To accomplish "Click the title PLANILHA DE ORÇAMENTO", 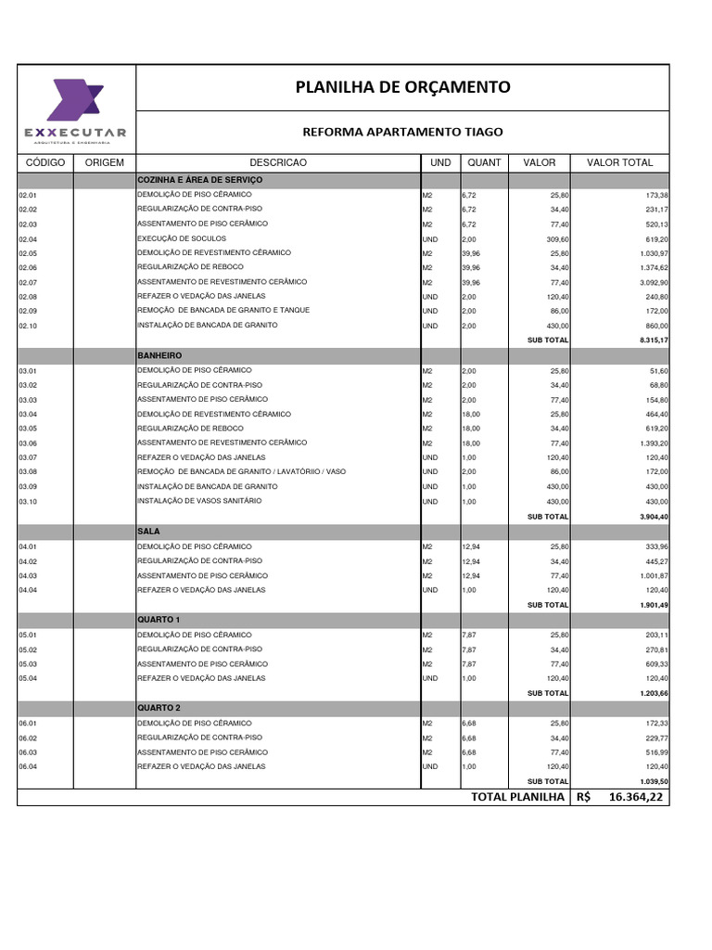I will tap(402, 87).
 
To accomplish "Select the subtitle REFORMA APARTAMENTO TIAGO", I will tap(402, 133).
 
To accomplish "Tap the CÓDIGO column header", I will tap(45, 162).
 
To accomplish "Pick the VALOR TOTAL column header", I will tap(619, 162).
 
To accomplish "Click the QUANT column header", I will tap(484, 162).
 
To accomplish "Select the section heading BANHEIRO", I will tap(159, 355).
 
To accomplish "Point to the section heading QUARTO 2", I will tap(159, 708).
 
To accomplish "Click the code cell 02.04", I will tap(28, 239).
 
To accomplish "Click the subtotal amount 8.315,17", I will tap(648, 340).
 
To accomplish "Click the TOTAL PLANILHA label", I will tap(517, 797).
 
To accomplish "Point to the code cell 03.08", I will tap(28, 472).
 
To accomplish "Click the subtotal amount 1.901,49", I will tap(648, 605).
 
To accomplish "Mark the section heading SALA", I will tap(149, 532).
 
